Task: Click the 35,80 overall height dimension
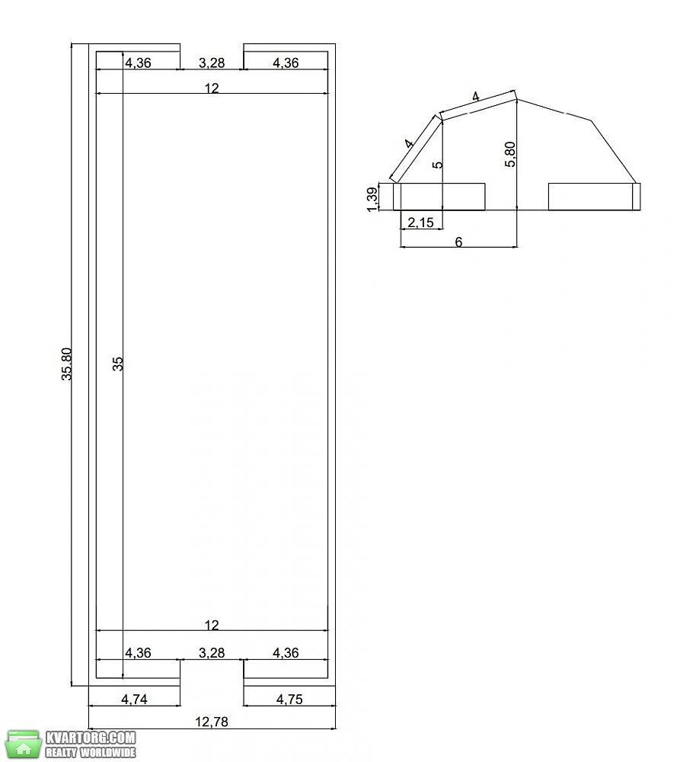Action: [67, 363]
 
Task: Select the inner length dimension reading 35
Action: [118, 363]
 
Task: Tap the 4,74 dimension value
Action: [134, 699]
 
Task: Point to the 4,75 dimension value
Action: [289, 699]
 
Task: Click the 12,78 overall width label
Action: [212, 722]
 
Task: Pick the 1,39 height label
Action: [372, 199]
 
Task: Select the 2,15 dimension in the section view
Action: [420, 222]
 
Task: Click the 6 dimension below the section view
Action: [458, 242]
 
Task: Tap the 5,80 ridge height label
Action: [510, 154]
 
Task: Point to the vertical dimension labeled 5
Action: [438, 165]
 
